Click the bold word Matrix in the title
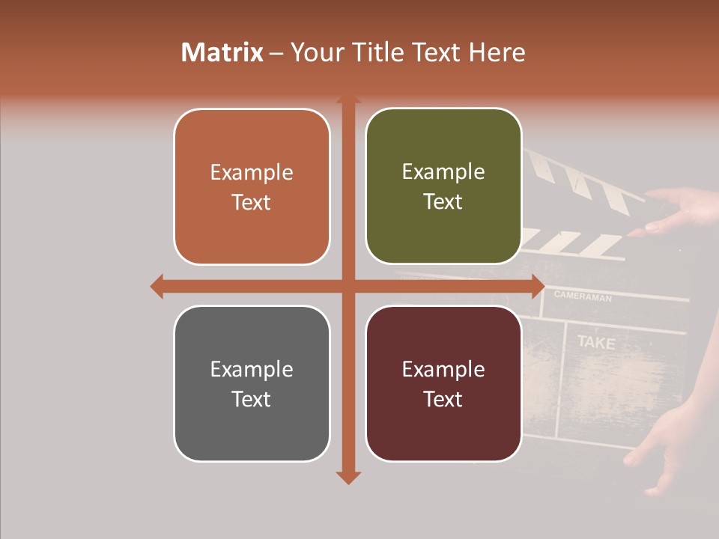click(222, 52)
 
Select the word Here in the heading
click(497, 52)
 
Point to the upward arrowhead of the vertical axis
click(348, 100)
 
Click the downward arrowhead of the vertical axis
click(348, 477)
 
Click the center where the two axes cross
click(348, 286)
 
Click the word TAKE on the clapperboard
click(596, 343)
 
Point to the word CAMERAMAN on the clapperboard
click(583, 297)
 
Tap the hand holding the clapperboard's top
click(682, 210)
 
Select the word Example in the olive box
click(443, 172)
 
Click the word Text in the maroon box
click(443, 399)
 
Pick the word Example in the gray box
click(252, 369)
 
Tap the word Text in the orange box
click(252, 202)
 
